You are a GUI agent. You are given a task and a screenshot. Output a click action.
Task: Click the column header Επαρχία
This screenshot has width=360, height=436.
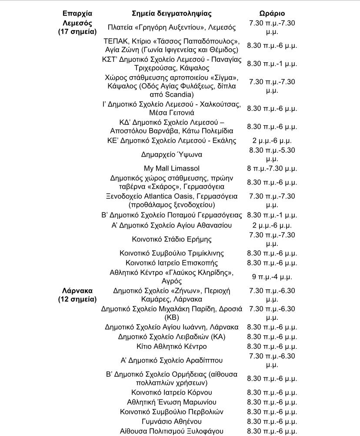(x=77, y=13)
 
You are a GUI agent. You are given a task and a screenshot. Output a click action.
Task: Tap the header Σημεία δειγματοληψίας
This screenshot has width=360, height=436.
(x=172, y=13)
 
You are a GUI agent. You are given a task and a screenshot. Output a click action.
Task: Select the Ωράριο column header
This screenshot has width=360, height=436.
(x=272, y=13)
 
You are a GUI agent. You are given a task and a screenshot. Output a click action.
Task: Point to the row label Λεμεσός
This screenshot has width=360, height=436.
(x=77, y=23)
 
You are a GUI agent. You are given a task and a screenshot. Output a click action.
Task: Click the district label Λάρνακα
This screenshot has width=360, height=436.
(x=77, y=290)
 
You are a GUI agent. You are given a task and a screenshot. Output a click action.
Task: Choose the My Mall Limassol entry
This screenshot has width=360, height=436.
(x=172, y=168)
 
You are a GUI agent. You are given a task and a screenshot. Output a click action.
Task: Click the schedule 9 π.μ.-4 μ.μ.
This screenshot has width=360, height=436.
(x=272, y=276)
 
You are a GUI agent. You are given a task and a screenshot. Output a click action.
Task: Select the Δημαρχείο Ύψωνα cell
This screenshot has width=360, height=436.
(x=172, y=154)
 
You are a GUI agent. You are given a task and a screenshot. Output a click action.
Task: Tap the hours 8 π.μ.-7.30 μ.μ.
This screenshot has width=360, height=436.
(x=272, y=168)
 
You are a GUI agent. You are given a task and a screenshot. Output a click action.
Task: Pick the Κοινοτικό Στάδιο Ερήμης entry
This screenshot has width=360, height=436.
(x=172, y=239)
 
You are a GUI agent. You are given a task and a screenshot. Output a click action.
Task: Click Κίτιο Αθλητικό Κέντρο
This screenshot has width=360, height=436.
(x=172, y=346)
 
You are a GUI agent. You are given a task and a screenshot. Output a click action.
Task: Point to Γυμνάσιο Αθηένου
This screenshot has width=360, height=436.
(x=172, y=421)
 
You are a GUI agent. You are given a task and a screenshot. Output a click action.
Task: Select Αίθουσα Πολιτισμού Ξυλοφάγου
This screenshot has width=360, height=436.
(x=172, y=431)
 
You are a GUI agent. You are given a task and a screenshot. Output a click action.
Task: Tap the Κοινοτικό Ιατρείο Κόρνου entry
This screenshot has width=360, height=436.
(x=172, y=392)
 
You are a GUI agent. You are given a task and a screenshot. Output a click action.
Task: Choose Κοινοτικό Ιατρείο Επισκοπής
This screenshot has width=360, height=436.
(x=172, y=263)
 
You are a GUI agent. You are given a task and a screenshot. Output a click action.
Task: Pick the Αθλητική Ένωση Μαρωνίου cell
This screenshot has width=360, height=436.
(x=172, y=402)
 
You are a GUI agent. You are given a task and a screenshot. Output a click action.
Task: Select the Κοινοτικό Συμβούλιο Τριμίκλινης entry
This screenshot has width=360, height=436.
(x=172, y=253)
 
